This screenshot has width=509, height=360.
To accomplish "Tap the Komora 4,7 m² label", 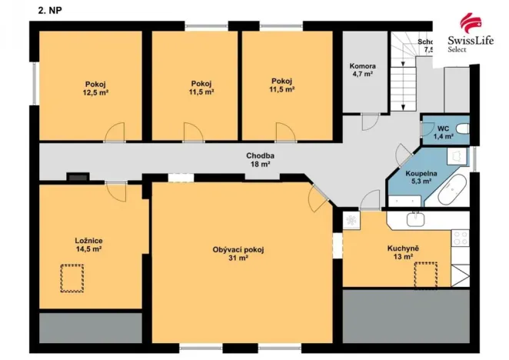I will [361, 70].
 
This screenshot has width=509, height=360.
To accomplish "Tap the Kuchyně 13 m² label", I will [403, 252].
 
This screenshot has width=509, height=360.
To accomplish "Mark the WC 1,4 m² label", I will [443, 132].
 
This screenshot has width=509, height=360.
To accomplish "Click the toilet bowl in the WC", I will [462, 128].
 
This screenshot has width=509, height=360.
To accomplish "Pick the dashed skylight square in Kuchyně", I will [425, 274].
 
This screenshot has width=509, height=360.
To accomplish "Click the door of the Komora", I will [371, 122].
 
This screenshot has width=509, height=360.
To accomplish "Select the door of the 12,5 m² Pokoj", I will [115, 132].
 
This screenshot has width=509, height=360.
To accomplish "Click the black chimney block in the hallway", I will [77, 176].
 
